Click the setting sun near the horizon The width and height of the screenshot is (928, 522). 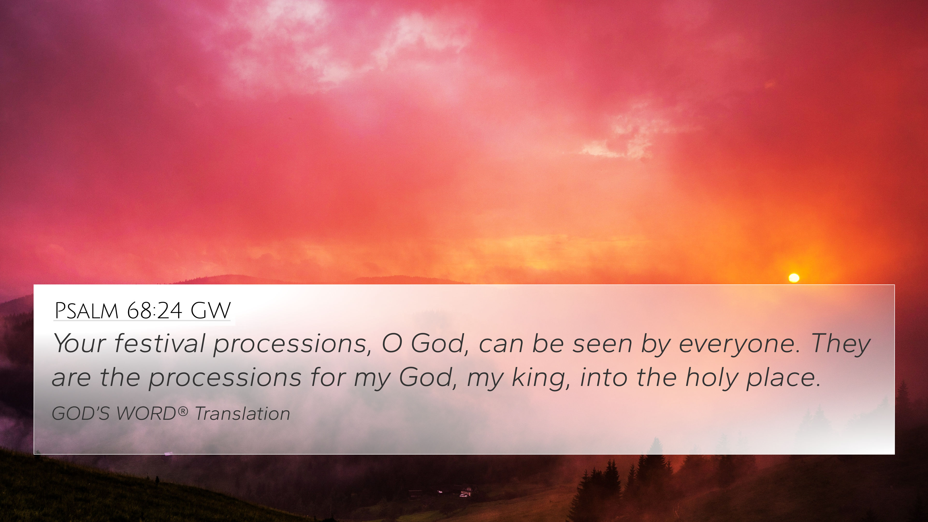(x=794, y=278)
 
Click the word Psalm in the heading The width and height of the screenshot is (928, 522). (x=87, y=311)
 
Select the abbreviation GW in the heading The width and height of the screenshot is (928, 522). (x=210, y=311)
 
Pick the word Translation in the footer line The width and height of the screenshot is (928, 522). (x=242, y=413)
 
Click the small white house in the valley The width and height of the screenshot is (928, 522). (x=467, y=490)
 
